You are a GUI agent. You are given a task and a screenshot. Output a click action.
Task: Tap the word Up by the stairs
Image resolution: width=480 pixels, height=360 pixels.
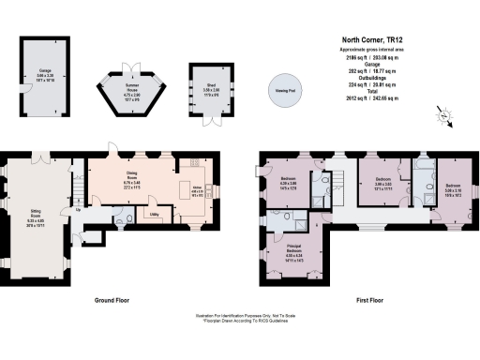(78, 208)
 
